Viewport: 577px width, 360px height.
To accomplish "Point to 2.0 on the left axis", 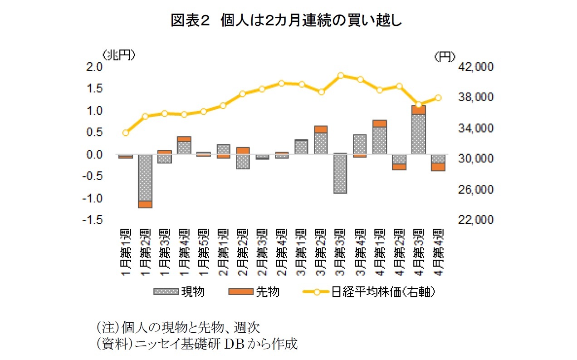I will coord(95,67).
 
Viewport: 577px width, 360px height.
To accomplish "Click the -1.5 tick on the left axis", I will coord(93,220).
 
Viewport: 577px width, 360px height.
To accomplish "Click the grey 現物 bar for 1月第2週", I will coord(145,178).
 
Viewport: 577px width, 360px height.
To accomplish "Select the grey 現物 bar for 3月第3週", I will coord(340,174).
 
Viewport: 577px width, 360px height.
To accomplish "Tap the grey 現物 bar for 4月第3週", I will coord(418,134).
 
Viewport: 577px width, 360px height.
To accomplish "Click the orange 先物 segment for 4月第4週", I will coord(438,167).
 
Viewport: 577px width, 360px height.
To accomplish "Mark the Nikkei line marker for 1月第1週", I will coord(126,133).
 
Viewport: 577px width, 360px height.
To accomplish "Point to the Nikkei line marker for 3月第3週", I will coord(341,75).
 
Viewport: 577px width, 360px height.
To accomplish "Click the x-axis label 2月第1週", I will coord(223,252).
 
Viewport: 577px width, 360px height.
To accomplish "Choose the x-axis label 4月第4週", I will coord(438,252).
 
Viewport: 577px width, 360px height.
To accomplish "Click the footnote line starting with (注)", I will coord(177,327).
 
